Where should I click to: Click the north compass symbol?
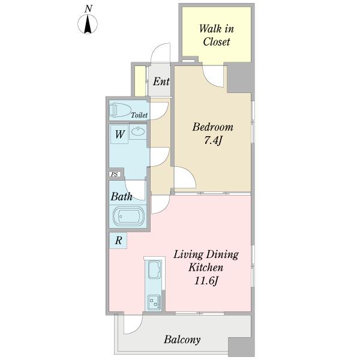coord(88,24)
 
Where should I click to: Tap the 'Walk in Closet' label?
coord(216,35)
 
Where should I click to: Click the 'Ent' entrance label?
coord(161,82)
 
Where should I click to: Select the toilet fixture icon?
coord(120,110)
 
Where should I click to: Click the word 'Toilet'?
coord(139,115)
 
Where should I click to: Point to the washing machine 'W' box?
coord(119,134)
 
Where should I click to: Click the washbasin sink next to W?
coord(138,131)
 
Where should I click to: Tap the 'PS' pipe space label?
coord(115,174)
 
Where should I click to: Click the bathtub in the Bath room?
coord(128,216)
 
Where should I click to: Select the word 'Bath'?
coord(121,197)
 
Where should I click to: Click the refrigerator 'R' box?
coord(118,241)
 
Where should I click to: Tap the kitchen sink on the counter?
coord(155,269)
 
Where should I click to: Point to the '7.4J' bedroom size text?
coord(212,140)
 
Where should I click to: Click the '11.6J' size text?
coord(206,281)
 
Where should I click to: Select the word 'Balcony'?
coord(182,340)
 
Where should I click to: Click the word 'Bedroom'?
coord(212,127)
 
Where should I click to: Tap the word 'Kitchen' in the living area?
coord(206,268)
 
